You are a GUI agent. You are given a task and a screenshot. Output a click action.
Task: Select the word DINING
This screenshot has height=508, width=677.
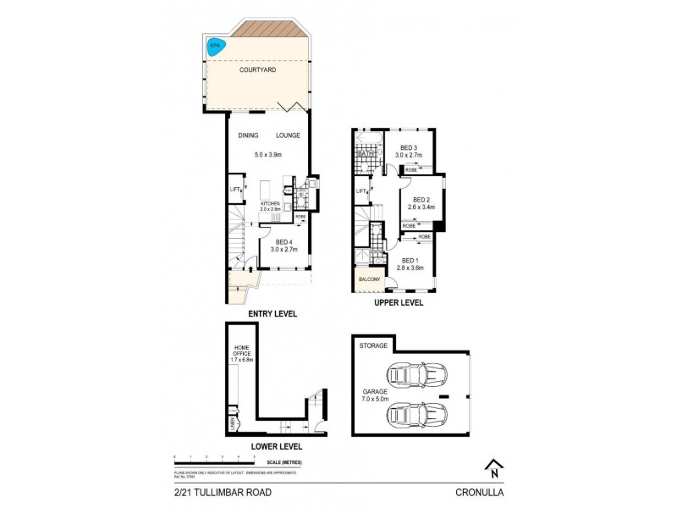(248, 135)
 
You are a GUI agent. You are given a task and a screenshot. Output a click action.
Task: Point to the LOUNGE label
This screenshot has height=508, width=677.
(288, 135)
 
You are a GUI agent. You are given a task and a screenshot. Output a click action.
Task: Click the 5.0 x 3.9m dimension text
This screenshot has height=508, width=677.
(269, 155)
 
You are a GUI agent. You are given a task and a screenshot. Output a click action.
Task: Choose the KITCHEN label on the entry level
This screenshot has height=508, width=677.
(270, 204)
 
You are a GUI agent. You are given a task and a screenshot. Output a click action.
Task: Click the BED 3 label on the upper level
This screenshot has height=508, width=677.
(410, 148)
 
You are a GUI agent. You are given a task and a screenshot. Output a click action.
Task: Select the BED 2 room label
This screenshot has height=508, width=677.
(411, 200)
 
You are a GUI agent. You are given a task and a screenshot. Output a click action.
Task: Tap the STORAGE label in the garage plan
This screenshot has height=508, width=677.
(373, 345)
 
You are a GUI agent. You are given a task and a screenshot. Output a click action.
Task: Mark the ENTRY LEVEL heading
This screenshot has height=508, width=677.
(272, 313)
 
